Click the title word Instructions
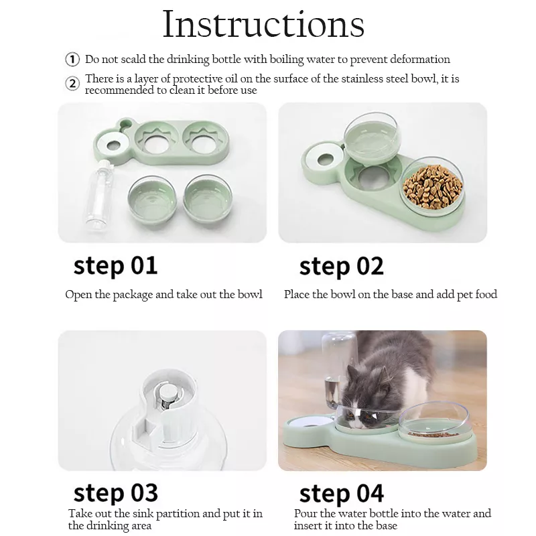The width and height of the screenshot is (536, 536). point(264,25)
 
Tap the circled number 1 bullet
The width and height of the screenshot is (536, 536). point(72,60)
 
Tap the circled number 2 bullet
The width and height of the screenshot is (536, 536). point(72,84)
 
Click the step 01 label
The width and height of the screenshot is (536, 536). point(115,265)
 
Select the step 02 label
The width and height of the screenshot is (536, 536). point(341,266)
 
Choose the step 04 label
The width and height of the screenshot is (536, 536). point(341,494)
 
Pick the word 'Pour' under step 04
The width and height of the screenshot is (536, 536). point(306,514)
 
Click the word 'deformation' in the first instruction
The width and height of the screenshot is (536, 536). point(418,60)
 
